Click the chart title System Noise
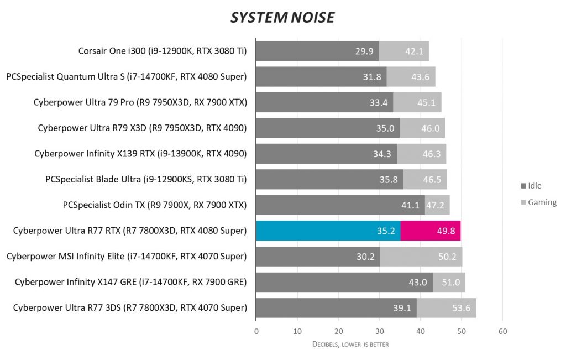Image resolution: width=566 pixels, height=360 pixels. [282, 18]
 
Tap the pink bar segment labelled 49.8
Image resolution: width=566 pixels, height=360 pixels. [431, 231]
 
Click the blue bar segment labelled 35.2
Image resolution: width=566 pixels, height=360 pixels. [328, 231]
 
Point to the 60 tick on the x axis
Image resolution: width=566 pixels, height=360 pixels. [502, 332]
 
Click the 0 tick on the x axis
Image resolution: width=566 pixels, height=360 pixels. [256, 332]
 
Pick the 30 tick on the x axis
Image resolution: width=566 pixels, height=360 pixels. [379, 332]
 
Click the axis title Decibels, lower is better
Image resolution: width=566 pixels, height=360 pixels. [351, 344]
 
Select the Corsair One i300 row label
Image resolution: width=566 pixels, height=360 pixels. [163, 51]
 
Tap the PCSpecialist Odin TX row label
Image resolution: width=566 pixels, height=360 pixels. [154, 205]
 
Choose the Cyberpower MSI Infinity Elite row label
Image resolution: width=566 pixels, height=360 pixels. [126, 256]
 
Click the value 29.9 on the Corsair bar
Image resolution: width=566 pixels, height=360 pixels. [364, 51]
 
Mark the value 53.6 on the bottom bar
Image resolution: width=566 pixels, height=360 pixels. [460, 308]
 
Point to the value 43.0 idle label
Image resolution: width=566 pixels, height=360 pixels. [418, 282]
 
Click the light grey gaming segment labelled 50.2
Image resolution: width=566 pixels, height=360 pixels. [421, 257]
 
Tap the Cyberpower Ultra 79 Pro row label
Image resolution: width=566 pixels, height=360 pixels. [140, 102]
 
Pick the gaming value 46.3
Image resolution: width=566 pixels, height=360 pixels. [431, 154]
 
